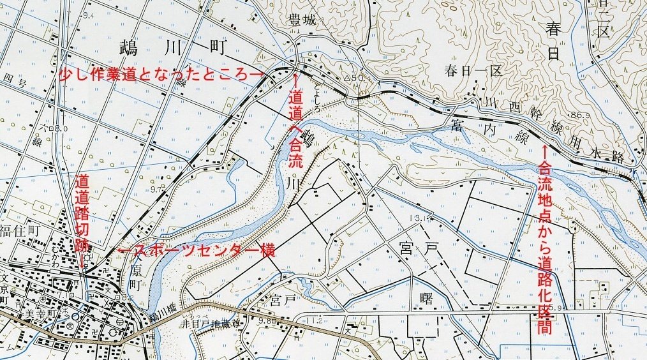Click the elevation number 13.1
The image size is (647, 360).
419,218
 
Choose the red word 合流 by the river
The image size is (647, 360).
297,157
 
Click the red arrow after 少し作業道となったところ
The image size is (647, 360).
254,74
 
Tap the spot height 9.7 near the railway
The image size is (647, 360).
156,190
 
